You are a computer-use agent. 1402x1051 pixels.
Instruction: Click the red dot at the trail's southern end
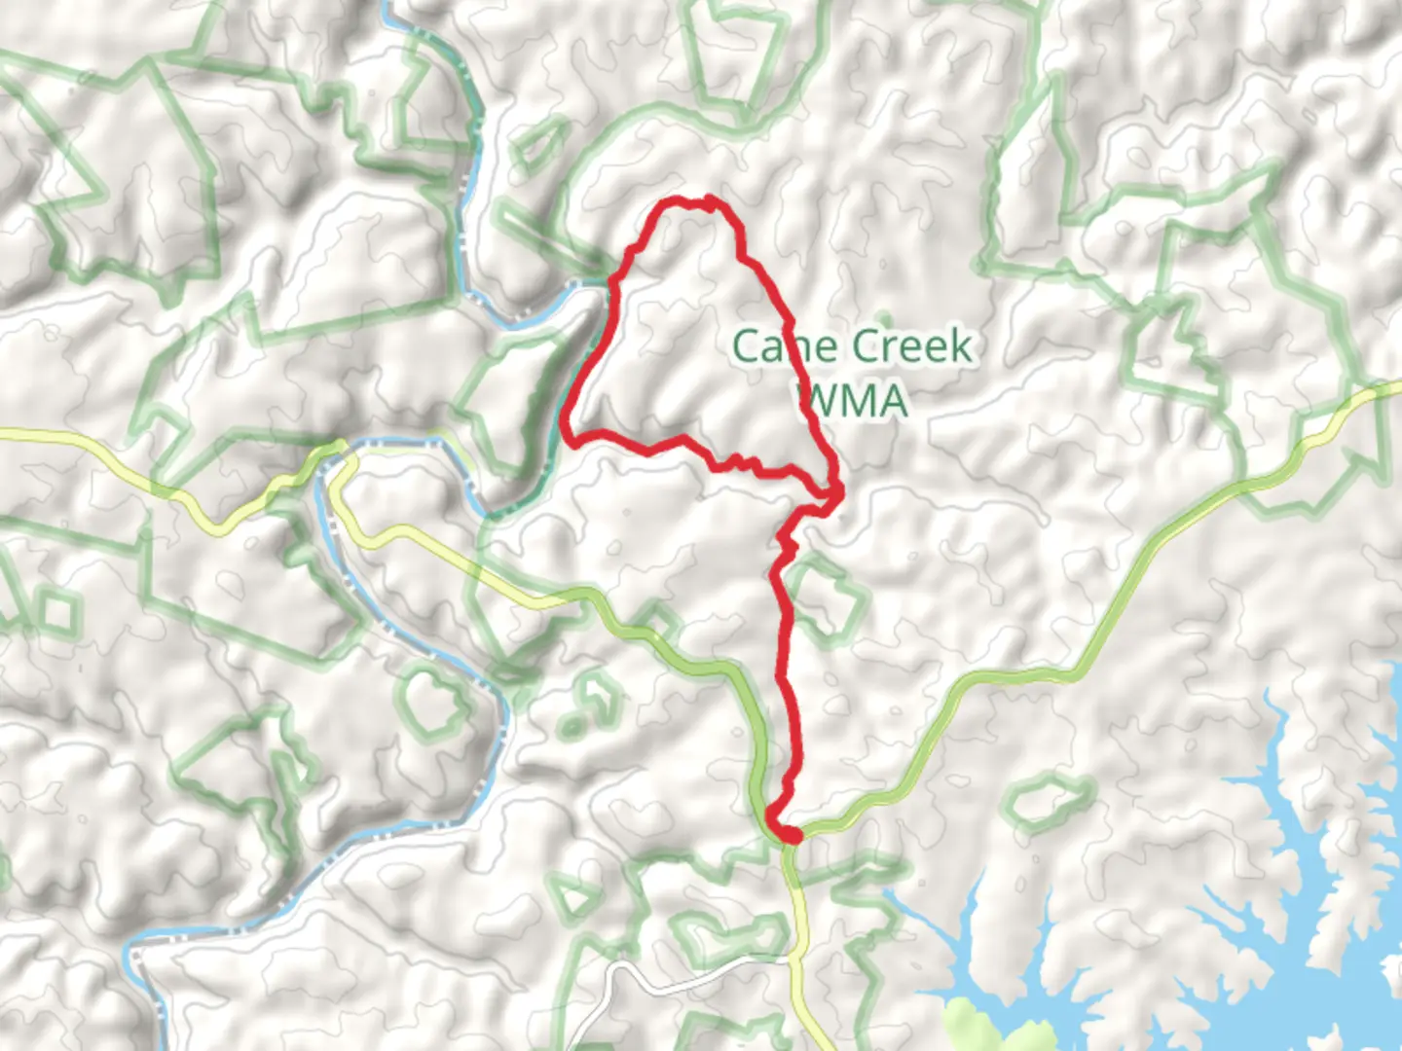tap(792, 835)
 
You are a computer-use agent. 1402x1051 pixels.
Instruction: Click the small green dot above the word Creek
tap(884, 316)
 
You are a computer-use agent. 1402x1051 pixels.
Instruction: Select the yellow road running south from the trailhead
tap(804, 934)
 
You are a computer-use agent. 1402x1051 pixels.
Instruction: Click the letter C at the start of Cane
tap(746, 346)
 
